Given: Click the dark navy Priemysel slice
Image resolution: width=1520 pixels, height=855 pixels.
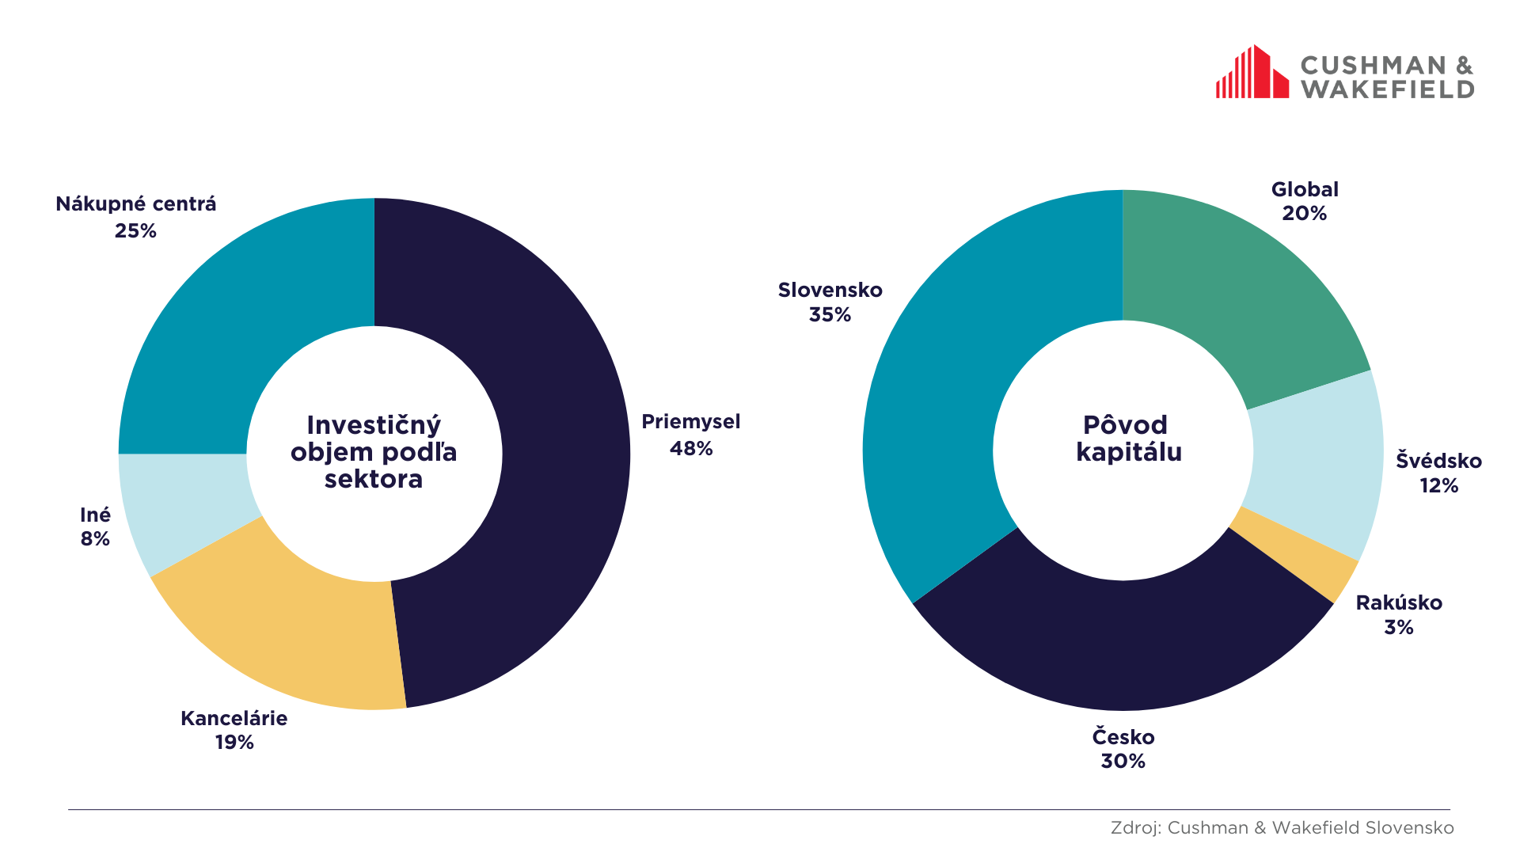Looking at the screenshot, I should point(554,443).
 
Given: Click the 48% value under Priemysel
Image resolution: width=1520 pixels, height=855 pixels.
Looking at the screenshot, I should point(691,449).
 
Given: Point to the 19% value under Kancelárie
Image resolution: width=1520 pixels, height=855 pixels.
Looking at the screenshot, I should point(234,743).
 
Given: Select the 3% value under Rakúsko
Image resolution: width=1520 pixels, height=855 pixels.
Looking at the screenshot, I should point(1398,628).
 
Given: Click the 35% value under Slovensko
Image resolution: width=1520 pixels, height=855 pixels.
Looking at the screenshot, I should point(830,315).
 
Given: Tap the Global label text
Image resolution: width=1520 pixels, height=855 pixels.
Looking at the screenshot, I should point(1305,190).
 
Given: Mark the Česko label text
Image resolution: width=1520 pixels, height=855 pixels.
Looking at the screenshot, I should point(1123,737).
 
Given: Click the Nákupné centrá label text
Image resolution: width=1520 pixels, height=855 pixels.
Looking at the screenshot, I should point(135,204).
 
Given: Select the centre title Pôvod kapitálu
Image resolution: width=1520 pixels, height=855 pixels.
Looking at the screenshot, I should point(1127,439).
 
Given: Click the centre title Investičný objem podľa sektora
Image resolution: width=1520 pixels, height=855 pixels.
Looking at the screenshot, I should point(374,452).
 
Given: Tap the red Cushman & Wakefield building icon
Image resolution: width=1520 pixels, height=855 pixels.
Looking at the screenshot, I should point(1252,73).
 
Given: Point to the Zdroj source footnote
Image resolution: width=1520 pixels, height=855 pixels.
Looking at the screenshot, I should point(1282,828).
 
